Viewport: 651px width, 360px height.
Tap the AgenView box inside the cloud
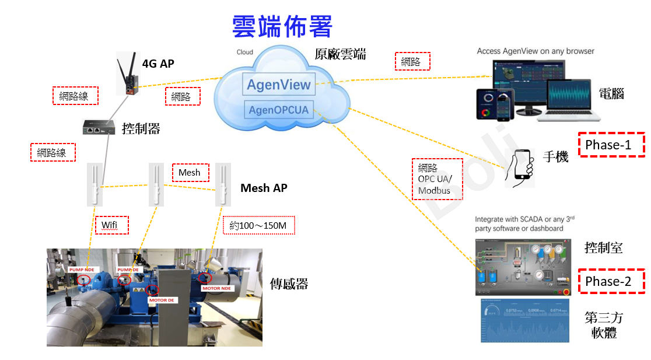[279, 85]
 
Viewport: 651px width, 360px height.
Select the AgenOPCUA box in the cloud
[278, 110]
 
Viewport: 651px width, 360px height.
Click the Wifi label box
[111, 225]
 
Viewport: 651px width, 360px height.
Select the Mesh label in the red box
[190, 173]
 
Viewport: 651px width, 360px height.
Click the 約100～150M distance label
[258, 225]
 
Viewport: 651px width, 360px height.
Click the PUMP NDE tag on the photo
[81, 270]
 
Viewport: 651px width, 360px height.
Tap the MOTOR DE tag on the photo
[162, 300]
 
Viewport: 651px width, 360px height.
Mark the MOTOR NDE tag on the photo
[216, 288]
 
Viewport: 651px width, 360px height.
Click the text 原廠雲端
[340, 54]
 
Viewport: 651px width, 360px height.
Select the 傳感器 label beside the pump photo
[289, 284]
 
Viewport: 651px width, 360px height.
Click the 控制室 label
[603, 247]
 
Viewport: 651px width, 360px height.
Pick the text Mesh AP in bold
[264, 188]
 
